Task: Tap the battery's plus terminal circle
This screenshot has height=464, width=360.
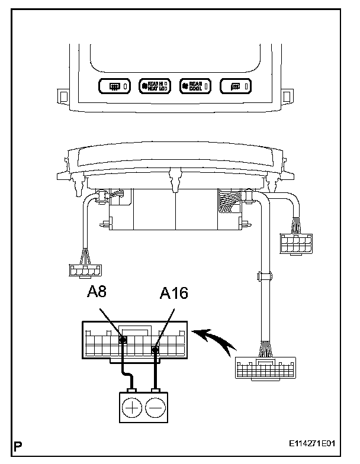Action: (x=132, y=408)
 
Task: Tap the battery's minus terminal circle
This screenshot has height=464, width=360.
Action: (x=155, y=408)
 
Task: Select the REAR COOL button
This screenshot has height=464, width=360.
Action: (x=194, y=86)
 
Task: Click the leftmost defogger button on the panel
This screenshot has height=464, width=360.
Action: (x=115, y=87)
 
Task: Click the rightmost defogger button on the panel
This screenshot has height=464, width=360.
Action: (x=236, y=87)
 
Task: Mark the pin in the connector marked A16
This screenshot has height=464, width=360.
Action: (x=155, y=350)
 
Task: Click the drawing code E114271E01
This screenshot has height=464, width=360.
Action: (x=316, y=443)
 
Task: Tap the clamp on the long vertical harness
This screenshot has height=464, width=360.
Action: (x=261, y=276)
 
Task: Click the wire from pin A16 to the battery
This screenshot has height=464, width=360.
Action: (x=155, y=370)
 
